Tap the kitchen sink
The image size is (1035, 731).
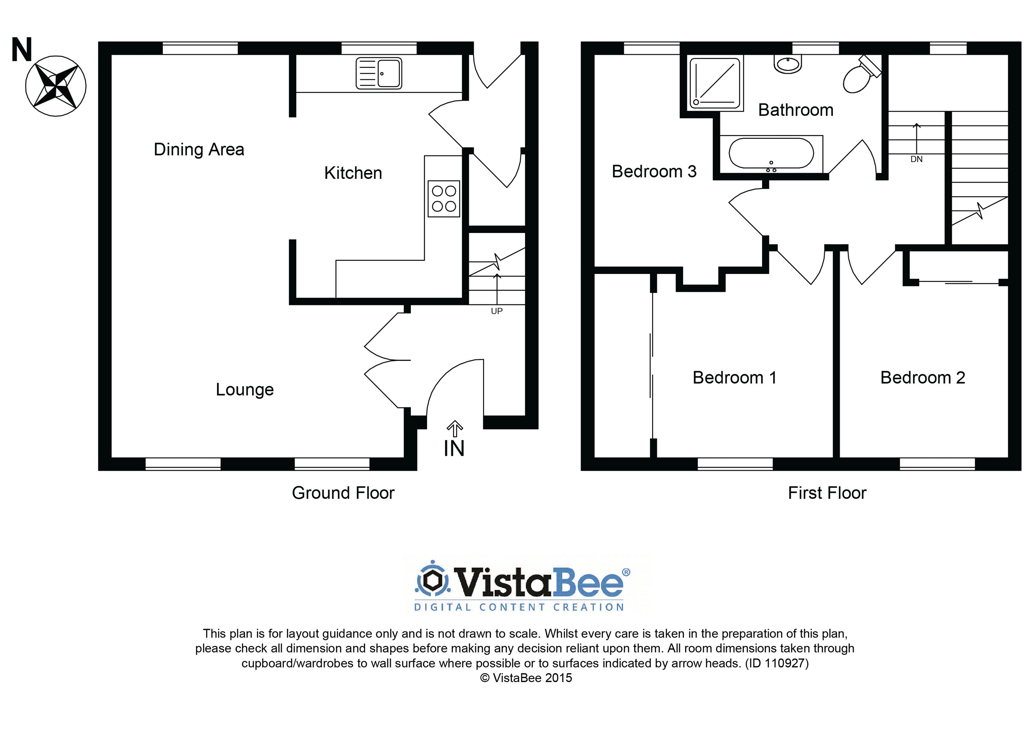pos(379,73)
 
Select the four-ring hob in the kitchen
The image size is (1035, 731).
pos(444,199)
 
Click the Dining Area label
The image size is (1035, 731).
pos(199,150)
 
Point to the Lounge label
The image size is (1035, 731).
pos(245,389)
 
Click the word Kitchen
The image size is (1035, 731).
pos(353,173)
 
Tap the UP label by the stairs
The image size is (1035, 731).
pos(496,311)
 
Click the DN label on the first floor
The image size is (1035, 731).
pos(916,159)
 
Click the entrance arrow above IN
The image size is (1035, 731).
pos(455,429)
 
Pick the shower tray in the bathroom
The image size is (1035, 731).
pos(714,83)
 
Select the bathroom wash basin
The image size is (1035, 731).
pos(788,63)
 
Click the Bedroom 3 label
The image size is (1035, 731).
pos(654,172)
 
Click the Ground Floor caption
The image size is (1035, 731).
pos(343,493)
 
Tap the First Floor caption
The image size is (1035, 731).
pos(827,493)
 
